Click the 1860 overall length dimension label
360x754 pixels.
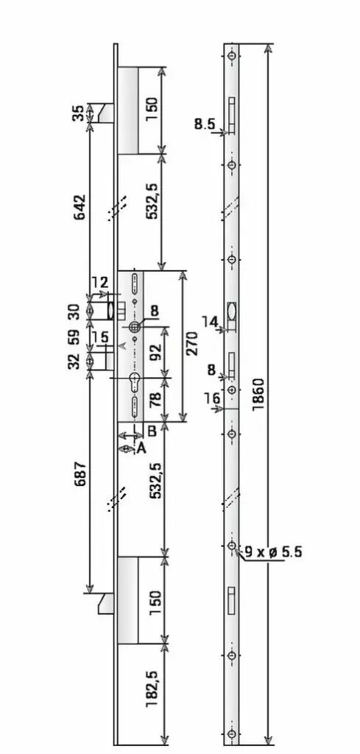point(258,395)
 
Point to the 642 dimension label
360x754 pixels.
point(79,207)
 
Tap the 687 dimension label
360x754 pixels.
point(79,473)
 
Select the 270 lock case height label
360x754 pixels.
point(191,343)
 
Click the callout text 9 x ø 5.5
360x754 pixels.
point(273,552)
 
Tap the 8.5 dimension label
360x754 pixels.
point(205,124)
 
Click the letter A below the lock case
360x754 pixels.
point(141,448)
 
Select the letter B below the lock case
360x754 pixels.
point(152,431)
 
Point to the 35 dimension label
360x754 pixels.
point(79,113)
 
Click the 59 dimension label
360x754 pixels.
point(74,337)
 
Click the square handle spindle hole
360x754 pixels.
point(134,327)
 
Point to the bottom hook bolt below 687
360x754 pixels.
point(106,604)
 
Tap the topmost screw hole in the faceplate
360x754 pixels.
point(232,57)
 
